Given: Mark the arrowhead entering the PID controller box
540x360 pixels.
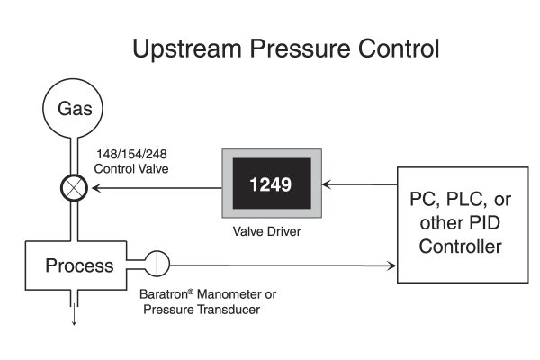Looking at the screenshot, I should point(392,265).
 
